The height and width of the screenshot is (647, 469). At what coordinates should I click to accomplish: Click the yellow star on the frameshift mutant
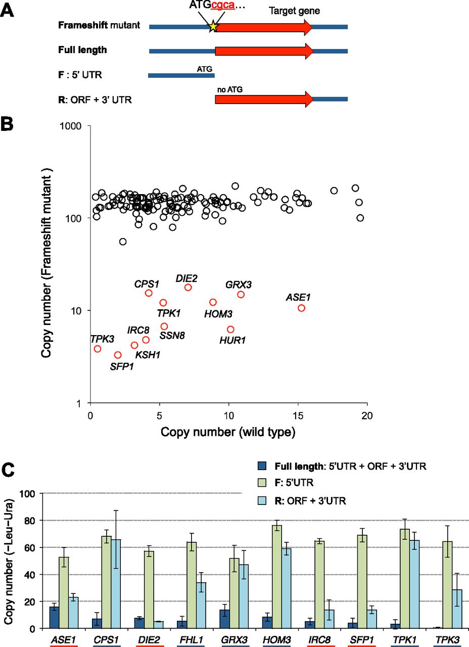(x=213, y=26)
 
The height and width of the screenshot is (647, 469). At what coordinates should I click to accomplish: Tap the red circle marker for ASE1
(x=302, y=308)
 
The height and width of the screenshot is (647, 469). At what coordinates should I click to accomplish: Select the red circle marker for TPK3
(x=98, y=349)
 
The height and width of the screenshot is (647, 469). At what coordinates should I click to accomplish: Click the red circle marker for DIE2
(x=188, y=287)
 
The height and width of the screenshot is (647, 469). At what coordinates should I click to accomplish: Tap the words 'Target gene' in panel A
(x=287, y=10)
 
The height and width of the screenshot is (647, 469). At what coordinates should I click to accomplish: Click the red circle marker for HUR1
(x=230, y=330)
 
